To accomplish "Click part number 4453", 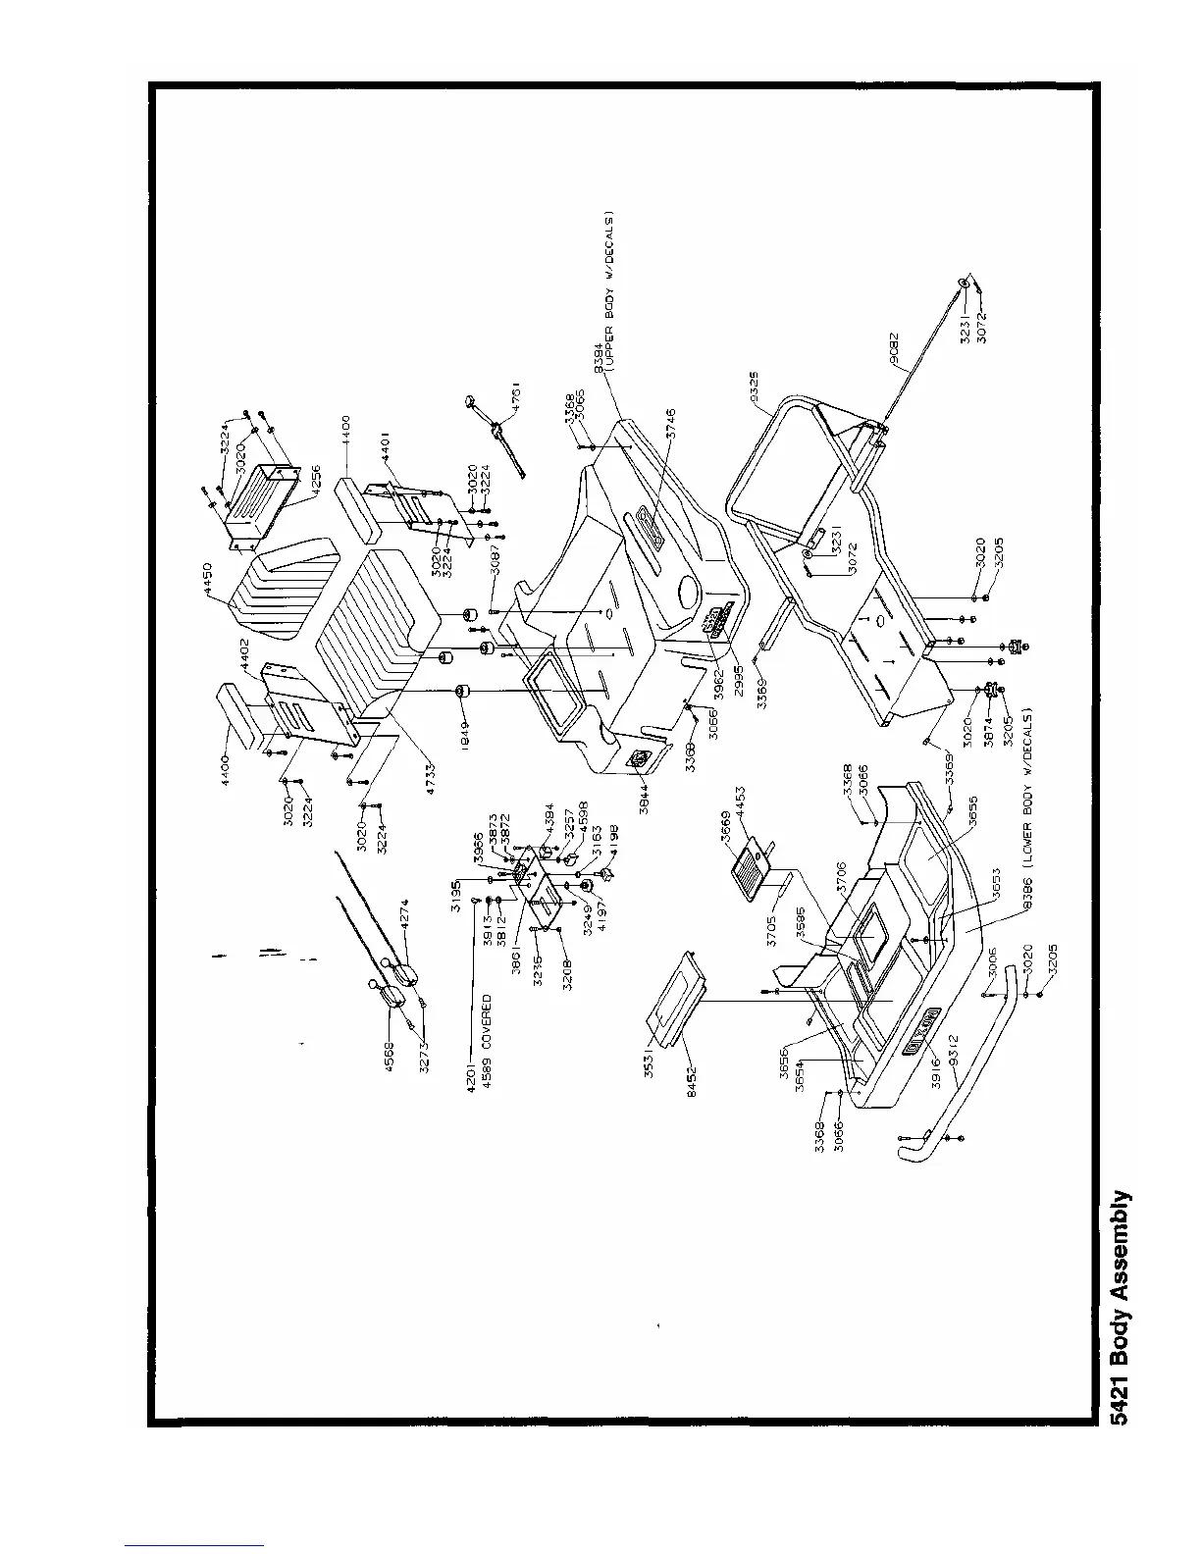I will click(738, 799).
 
